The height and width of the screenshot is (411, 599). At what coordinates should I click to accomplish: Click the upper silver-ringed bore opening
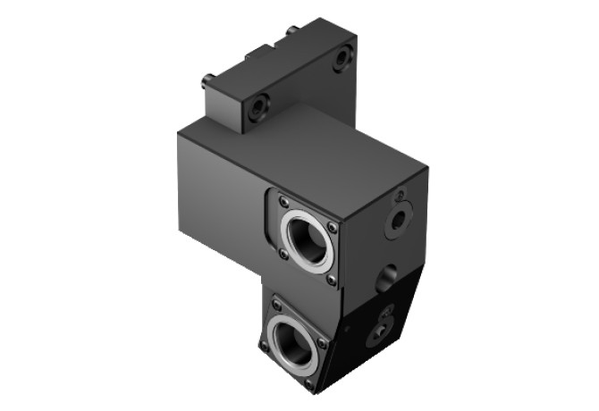[x=308, y=237]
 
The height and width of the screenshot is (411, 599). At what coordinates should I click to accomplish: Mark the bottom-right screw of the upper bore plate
[x=332, y=280]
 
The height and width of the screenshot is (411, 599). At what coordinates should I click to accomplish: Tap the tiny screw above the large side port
[x=401, y=195]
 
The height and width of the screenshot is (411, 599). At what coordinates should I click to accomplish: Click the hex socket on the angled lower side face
[x=377, y=334]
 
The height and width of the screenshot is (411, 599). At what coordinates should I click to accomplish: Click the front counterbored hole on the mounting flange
[x=258, y=108]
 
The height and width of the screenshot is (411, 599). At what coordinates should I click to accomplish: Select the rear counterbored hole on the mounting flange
[x=342, y=60]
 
